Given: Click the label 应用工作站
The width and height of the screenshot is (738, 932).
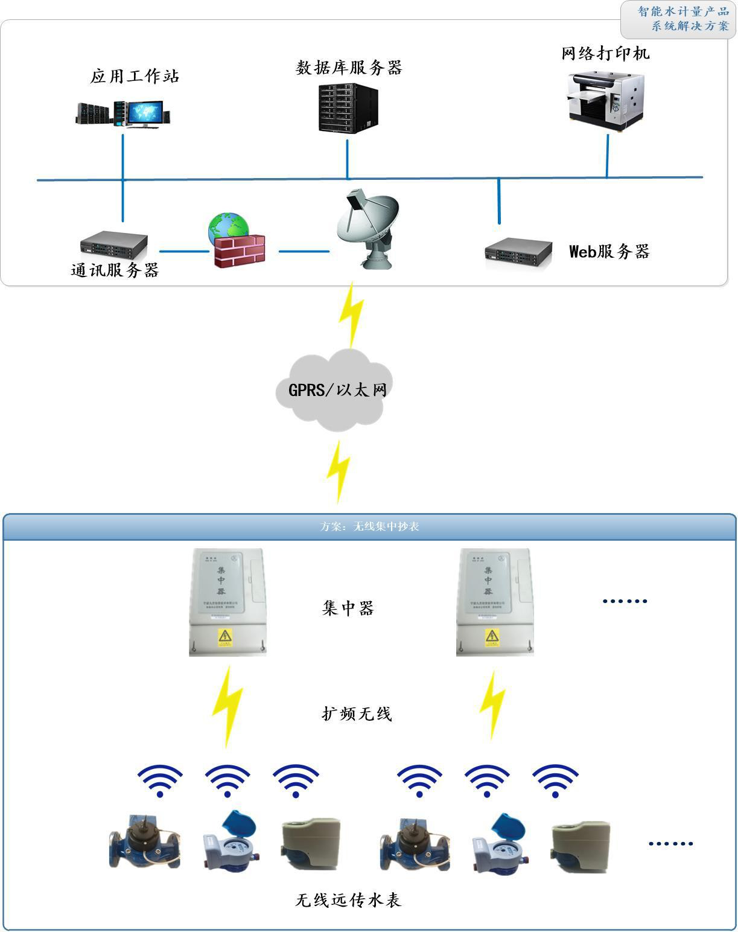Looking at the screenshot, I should [x=135, y=77].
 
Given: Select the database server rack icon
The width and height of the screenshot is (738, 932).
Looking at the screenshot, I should [x=348, y=108].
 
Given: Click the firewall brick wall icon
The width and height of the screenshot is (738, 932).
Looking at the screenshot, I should [x=240, y=249].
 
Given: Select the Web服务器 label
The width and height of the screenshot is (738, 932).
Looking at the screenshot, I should [x=609, y=251].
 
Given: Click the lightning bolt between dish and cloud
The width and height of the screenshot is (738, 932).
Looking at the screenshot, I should [x=351, y=314].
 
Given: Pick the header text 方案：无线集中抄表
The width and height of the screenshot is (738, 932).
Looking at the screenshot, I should [x=369, y=526].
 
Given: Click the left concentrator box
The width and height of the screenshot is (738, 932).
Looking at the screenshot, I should [x=227, y=602].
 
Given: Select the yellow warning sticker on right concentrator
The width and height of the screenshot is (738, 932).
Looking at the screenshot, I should [x=492, y=637].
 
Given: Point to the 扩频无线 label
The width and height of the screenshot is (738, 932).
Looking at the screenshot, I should [x=357, y=713].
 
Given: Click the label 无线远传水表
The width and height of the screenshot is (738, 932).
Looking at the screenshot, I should [x=348, y=900].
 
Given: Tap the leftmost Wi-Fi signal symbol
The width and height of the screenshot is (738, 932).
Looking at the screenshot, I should [x=160, y=780].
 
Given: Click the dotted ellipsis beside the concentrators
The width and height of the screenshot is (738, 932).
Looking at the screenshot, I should [x=625, y=601].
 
